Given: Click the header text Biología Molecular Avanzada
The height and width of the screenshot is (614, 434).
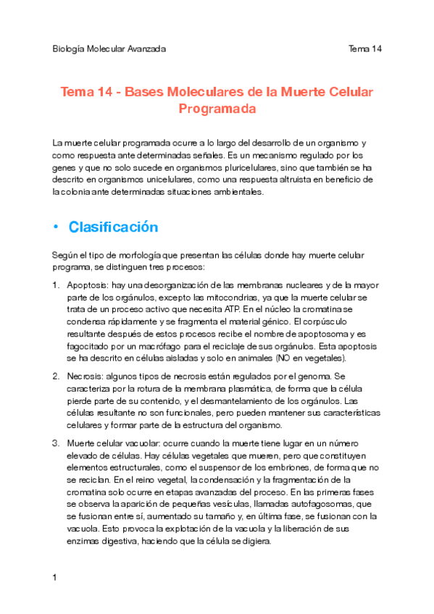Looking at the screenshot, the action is point(109,49).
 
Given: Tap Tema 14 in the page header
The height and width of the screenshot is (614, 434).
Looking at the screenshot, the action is point(364,49).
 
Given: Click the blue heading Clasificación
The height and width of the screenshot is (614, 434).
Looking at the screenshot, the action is point(113,227).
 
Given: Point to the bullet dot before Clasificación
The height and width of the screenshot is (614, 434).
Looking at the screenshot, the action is point(55,227).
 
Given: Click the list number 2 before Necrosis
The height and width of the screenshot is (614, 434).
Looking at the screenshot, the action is point(56,376).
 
